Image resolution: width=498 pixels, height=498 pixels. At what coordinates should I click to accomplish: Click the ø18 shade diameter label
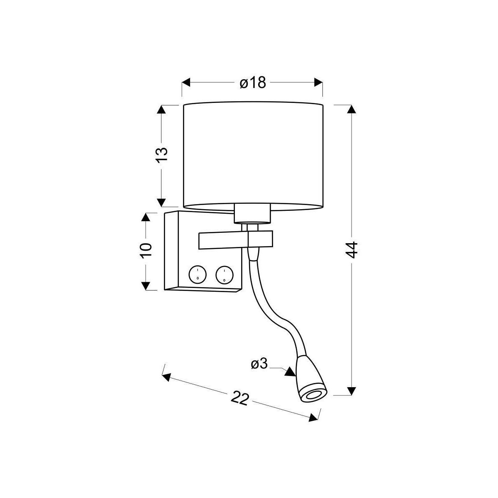[253, 83]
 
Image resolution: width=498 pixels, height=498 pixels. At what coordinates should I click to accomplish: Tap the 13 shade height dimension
[162, 154]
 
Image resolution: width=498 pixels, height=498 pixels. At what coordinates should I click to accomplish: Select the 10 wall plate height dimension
[146, 250]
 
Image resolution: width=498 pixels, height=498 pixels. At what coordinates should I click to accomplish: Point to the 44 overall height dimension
[352, 250]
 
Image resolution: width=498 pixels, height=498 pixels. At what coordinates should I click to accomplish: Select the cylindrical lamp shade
[253, 156]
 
